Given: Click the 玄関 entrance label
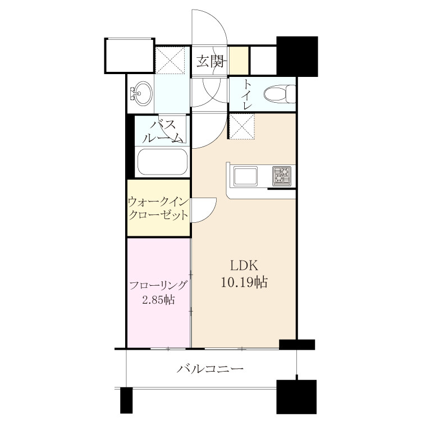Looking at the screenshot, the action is (x=210, y=61).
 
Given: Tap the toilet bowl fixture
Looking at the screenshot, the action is (x=279, y=94).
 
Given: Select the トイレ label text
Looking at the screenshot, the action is (x=247, y=95).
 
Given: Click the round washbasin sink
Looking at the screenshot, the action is (x=143, y=94).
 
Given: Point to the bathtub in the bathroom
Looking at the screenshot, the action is (x=162, y=162).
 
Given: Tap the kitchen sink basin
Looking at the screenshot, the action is (x=245, y=176).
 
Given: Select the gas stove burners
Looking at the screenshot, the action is (x=282, y=176).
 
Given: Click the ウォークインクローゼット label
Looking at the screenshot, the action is (x=158, y=209).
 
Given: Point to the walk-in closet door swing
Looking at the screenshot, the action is (x=204, y=210).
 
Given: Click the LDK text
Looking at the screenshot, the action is (x=244, y=266).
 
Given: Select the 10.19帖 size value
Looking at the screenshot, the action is (x=244, y=282).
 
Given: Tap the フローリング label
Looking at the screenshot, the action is (x=158, y=285).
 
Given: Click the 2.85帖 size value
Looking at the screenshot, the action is (x=158, y=299).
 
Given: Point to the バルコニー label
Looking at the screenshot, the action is (x=210, y=368).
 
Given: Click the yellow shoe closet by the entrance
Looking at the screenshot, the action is (x=239, y=60).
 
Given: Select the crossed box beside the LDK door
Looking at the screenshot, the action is (x=242, y=126).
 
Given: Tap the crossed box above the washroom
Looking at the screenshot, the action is (x=171, y=60).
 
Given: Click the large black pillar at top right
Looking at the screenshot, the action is (x=297, y=56).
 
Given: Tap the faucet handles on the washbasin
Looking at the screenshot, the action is (x=133, y=94).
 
